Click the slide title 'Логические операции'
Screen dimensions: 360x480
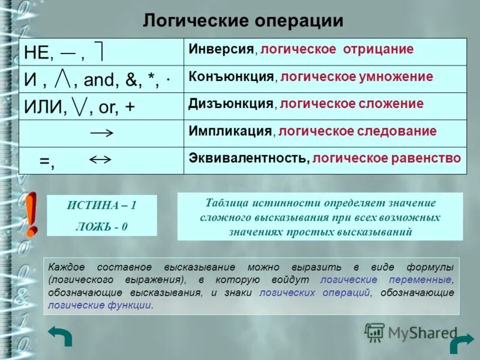[243, 21]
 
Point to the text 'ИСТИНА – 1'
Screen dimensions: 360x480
[101, 205]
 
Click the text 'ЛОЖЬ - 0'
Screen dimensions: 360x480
[101, 227]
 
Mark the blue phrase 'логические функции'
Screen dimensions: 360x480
[100, 305]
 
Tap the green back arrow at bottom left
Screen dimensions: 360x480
[60, 336]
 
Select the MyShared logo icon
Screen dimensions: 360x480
[375, 332]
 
